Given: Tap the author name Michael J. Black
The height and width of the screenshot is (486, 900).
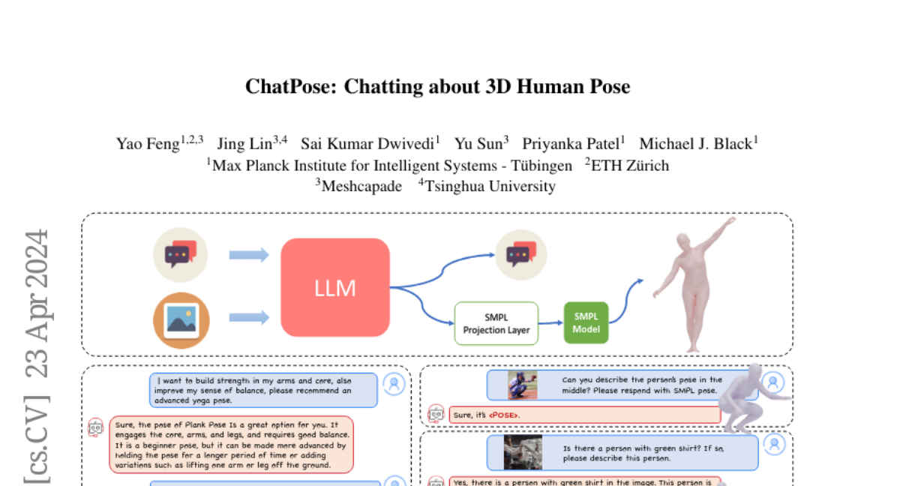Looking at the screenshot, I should tap(695, 144).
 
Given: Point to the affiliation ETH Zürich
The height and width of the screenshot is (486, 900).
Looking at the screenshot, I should tap(629, 165).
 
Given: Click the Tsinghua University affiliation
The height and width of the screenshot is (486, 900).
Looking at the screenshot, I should tap(490, 186).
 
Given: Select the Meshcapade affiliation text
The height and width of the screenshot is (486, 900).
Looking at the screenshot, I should tap(361, 186).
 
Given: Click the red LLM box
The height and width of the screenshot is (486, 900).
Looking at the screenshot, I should tap(335, 287).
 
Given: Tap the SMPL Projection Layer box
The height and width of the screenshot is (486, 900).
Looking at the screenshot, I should tap(496, 323).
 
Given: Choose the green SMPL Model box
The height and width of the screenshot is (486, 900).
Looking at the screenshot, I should tap(586, 322).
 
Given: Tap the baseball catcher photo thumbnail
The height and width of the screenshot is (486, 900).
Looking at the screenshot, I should tap(523, 385).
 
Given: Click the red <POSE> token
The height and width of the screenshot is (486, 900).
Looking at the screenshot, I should tap(503, 415).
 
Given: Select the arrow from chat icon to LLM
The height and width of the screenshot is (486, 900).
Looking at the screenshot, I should tap(248, 255).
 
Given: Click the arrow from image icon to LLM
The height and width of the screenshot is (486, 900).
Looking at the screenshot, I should tap(248, 318).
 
